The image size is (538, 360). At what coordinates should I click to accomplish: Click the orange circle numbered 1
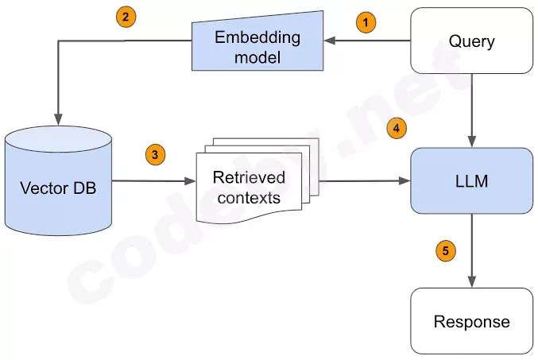point(366,23)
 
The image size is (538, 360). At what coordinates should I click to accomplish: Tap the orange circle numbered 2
point(126,17)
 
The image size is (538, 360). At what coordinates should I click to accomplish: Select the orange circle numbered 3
point(155,155)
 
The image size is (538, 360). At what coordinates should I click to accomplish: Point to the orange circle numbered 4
point(397,129)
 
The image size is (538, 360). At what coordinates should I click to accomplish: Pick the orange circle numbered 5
point(446,251)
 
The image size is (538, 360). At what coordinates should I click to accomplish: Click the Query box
point(472,41)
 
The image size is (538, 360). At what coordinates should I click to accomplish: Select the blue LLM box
point(472,181)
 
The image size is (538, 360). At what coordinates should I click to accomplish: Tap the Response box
point(472,321)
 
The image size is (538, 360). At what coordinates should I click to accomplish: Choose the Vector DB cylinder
point(58,181)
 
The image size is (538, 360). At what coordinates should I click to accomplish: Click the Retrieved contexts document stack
point(257,180)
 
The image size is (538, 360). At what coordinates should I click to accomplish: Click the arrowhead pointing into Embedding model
point(329,41)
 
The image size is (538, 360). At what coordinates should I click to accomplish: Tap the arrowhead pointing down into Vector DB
point(58,120)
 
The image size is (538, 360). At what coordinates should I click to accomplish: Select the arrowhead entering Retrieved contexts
point(190,181)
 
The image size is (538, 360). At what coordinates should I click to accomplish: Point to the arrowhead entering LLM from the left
point(404,181)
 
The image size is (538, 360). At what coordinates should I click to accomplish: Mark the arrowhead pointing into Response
point(472,282)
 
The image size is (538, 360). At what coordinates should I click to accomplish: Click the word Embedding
point(257,38)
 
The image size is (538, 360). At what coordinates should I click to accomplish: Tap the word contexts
point(249,198)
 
